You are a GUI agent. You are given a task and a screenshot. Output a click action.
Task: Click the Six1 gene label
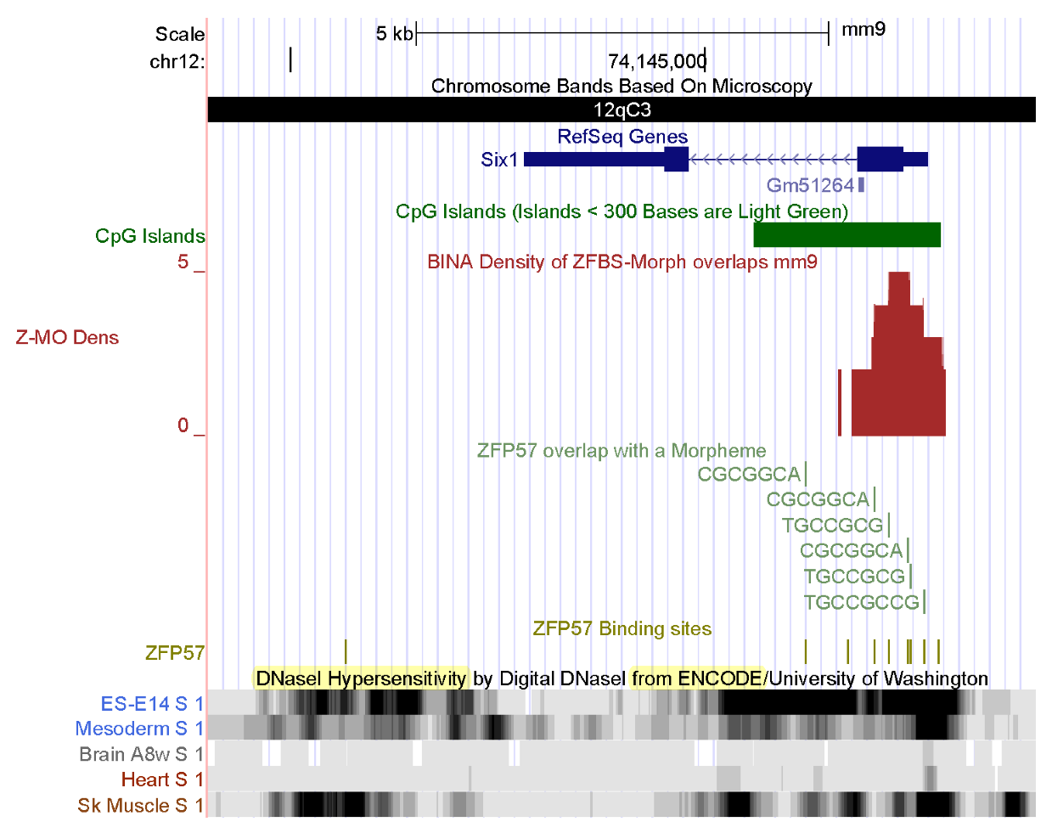[498, 160]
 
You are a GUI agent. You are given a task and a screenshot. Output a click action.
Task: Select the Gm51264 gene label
[809, 185]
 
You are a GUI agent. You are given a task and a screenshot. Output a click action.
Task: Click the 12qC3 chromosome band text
[622, 110]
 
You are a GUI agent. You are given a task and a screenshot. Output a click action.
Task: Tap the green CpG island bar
[847, 234]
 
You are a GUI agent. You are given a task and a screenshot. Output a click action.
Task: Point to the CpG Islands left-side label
[149, 236]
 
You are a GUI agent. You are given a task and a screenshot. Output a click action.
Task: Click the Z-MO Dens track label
[67, 337]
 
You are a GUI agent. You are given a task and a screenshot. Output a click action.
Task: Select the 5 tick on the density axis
[183, 262]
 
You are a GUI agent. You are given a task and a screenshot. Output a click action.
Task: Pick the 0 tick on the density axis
[183, 425]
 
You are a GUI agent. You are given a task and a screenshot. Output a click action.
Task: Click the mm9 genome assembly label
[863, 30]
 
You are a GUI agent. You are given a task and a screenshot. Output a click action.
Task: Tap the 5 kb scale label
[394, 34]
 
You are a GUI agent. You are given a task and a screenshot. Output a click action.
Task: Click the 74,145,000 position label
[656, 61]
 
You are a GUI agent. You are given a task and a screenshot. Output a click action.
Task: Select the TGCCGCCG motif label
[861, 602]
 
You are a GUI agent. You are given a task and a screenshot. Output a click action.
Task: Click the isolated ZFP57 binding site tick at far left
[346, 651]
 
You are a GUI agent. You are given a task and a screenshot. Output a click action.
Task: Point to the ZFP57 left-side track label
[174, 652]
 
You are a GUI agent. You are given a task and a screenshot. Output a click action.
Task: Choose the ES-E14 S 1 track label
[152, 704]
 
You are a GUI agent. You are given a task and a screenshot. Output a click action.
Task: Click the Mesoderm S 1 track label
[139, 729]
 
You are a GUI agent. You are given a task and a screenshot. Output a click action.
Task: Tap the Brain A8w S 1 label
[141, 754]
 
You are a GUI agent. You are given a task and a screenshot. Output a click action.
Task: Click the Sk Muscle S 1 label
[140, 805]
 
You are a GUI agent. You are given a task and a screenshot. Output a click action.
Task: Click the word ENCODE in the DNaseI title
[719, 678]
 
